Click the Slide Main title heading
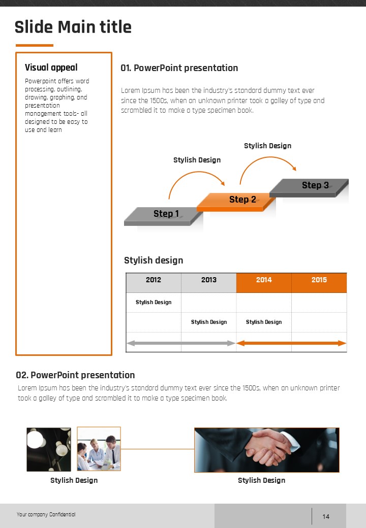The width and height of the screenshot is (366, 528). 73,27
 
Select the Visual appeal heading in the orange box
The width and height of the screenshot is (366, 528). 51,68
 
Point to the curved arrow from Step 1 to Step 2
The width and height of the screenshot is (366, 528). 196,180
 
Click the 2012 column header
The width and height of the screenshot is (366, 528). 154,280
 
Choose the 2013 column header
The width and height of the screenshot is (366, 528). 208,280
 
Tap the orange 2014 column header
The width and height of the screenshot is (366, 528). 264,280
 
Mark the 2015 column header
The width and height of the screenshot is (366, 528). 319,280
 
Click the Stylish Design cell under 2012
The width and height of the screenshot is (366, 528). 154,302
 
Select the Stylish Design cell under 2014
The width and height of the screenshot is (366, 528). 264,322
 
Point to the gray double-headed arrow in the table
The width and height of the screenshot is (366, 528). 181,343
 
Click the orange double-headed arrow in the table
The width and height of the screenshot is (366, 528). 291,343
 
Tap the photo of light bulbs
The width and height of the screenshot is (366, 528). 49,449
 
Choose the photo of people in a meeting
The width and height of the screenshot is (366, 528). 99,449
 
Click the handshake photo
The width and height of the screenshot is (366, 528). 266,450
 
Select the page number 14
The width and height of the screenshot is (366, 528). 326,516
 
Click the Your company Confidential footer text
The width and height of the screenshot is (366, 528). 46,514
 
